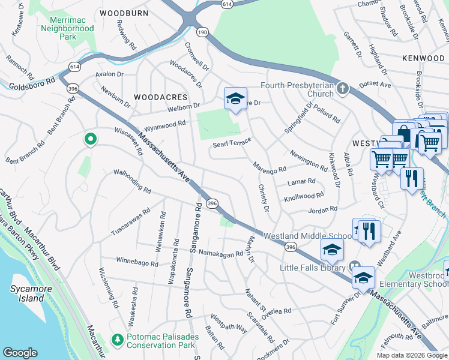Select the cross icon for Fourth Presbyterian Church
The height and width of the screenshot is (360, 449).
coord(342,89)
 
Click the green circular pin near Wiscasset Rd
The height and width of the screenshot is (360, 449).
coord(91,139)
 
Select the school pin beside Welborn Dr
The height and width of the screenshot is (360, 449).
coord(236,99)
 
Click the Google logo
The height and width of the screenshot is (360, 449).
coord(20,353)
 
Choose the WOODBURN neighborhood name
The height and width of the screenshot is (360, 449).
coord(124,13)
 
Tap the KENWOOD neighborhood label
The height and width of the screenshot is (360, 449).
coord(424,58)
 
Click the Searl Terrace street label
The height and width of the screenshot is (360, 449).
coord(231,145)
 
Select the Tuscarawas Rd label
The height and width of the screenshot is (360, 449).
coord(129,222)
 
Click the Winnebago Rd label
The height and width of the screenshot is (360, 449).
coord(137,263)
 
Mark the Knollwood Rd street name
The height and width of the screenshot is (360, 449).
coord(304,196)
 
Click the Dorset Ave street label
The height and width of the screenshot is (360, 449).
coord(375,85)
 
